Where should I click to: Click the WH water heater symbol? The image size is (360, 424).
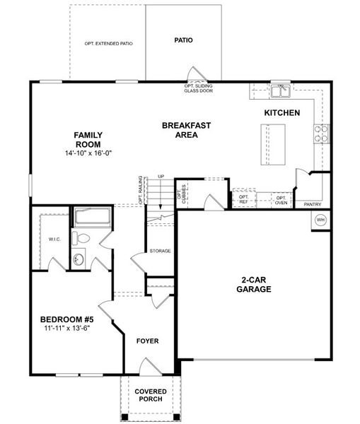point(320,219)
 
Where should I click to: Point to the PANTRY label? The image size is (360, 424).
point(313,204)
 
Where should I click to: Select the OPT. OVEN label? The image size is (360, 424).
point(281,199)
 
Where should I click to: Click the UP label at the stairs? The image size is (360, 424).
point(161,177)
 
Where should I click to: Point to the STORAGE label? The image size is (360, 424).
point(160,251)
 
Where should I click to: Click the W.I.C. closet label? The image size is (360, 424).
point(55,239)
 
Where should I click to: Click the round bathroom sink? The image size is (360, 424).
point(80,260)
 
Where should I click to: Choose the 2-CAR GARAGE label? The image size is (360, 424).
point(252,284)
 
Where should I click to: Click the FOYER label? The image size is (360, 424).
point(147,341)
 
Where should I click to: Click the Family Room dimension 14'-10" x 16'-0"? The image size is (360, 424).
point(89,153)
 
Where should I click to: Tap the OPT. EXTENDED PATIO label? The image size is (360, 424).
point(108,44)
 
